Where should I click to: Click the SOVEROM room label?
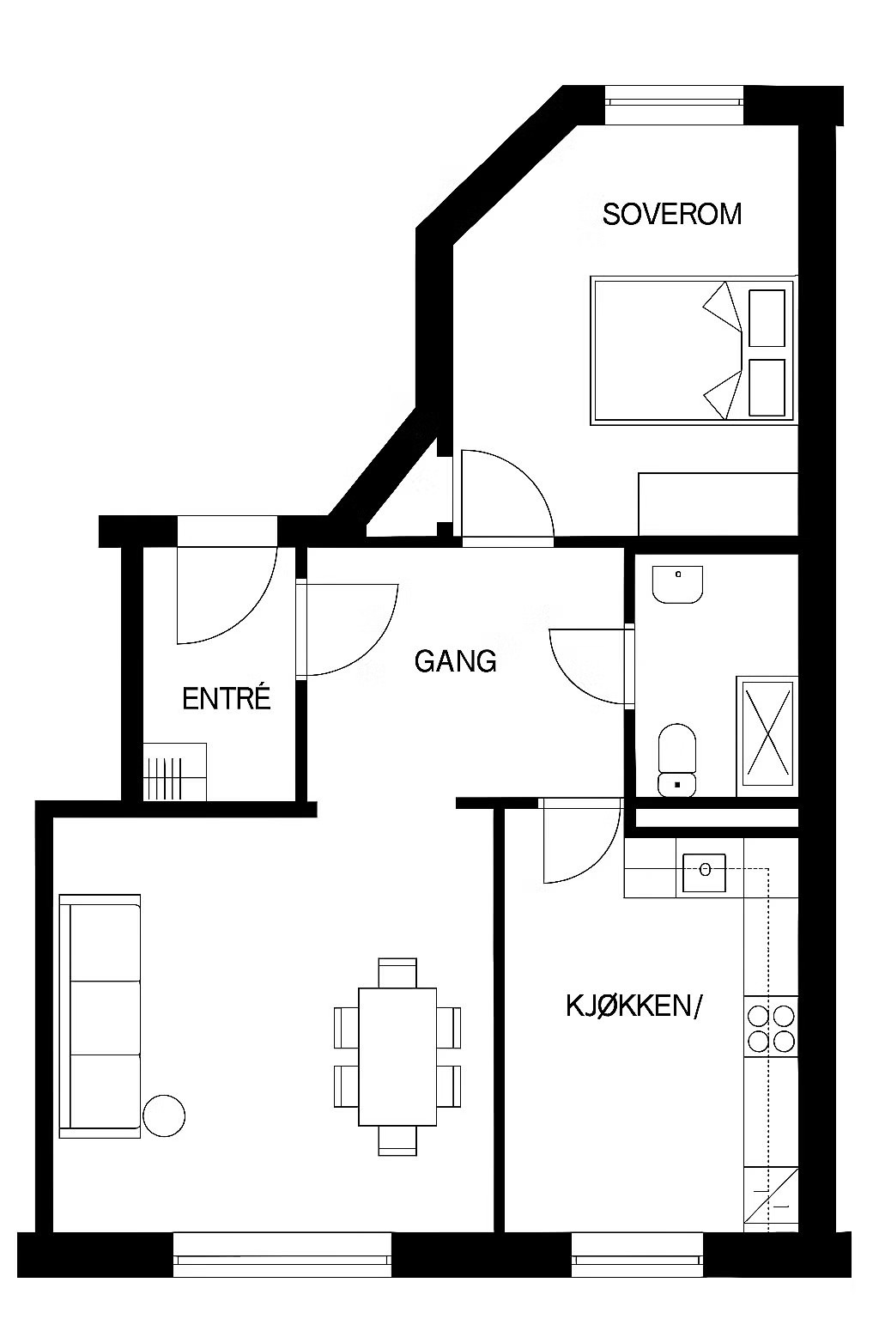[672, 215]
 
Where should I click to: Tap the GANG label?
[455, 661]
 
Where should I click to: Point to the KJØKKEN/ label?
[634, 1006]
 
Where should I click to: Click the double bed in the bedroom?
[694, 350]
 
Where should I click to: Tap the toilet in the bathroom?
[677, 760]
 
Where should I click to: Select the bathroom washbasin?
[677, 585]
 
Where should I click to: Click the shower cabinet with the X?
[767, 736]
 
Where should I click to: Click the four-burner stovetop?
[771, 1030]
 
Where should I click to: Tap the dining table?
[397, 1057]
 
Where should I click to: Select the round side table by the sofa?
[164, 1115]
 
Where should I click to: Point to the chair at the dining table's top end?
[397, 973]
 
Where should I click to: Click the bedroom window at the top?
[674, 104]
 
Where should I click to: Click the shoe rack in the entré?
[175, 772]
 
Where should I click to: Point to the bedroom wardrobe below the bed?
[718, 504]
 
